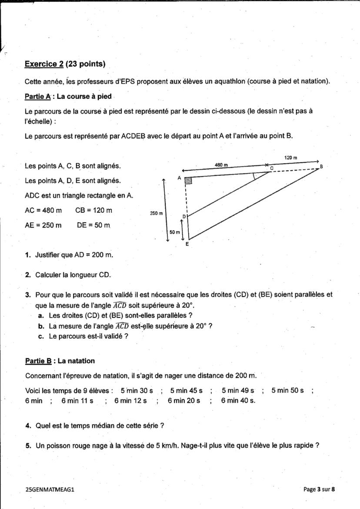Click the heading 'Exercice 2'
coord(44,64)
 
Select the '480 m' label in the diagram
coord(222,165)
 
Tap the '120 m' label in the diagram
coord(291,157)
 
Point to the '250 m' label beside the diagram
coord(157,213)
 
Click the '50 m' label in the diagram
coord(174,232)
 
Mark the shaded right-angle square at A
coord(188,181)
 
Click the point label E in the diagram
coord(187,244)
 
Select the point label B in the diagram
coord(321,167)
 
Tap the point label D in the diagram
coord(183,216)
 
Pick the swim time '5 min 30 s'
coord(137,391)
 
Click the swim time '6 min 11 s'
coord(77,401)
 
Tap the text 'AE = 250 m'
coord(43,225)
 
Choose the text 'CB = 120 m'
coord(93,210)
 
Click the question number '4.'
coord(28,425)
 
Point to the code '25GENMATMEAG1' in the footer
coord(50,489)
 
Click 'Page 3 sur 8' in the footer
coord(319,489)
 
